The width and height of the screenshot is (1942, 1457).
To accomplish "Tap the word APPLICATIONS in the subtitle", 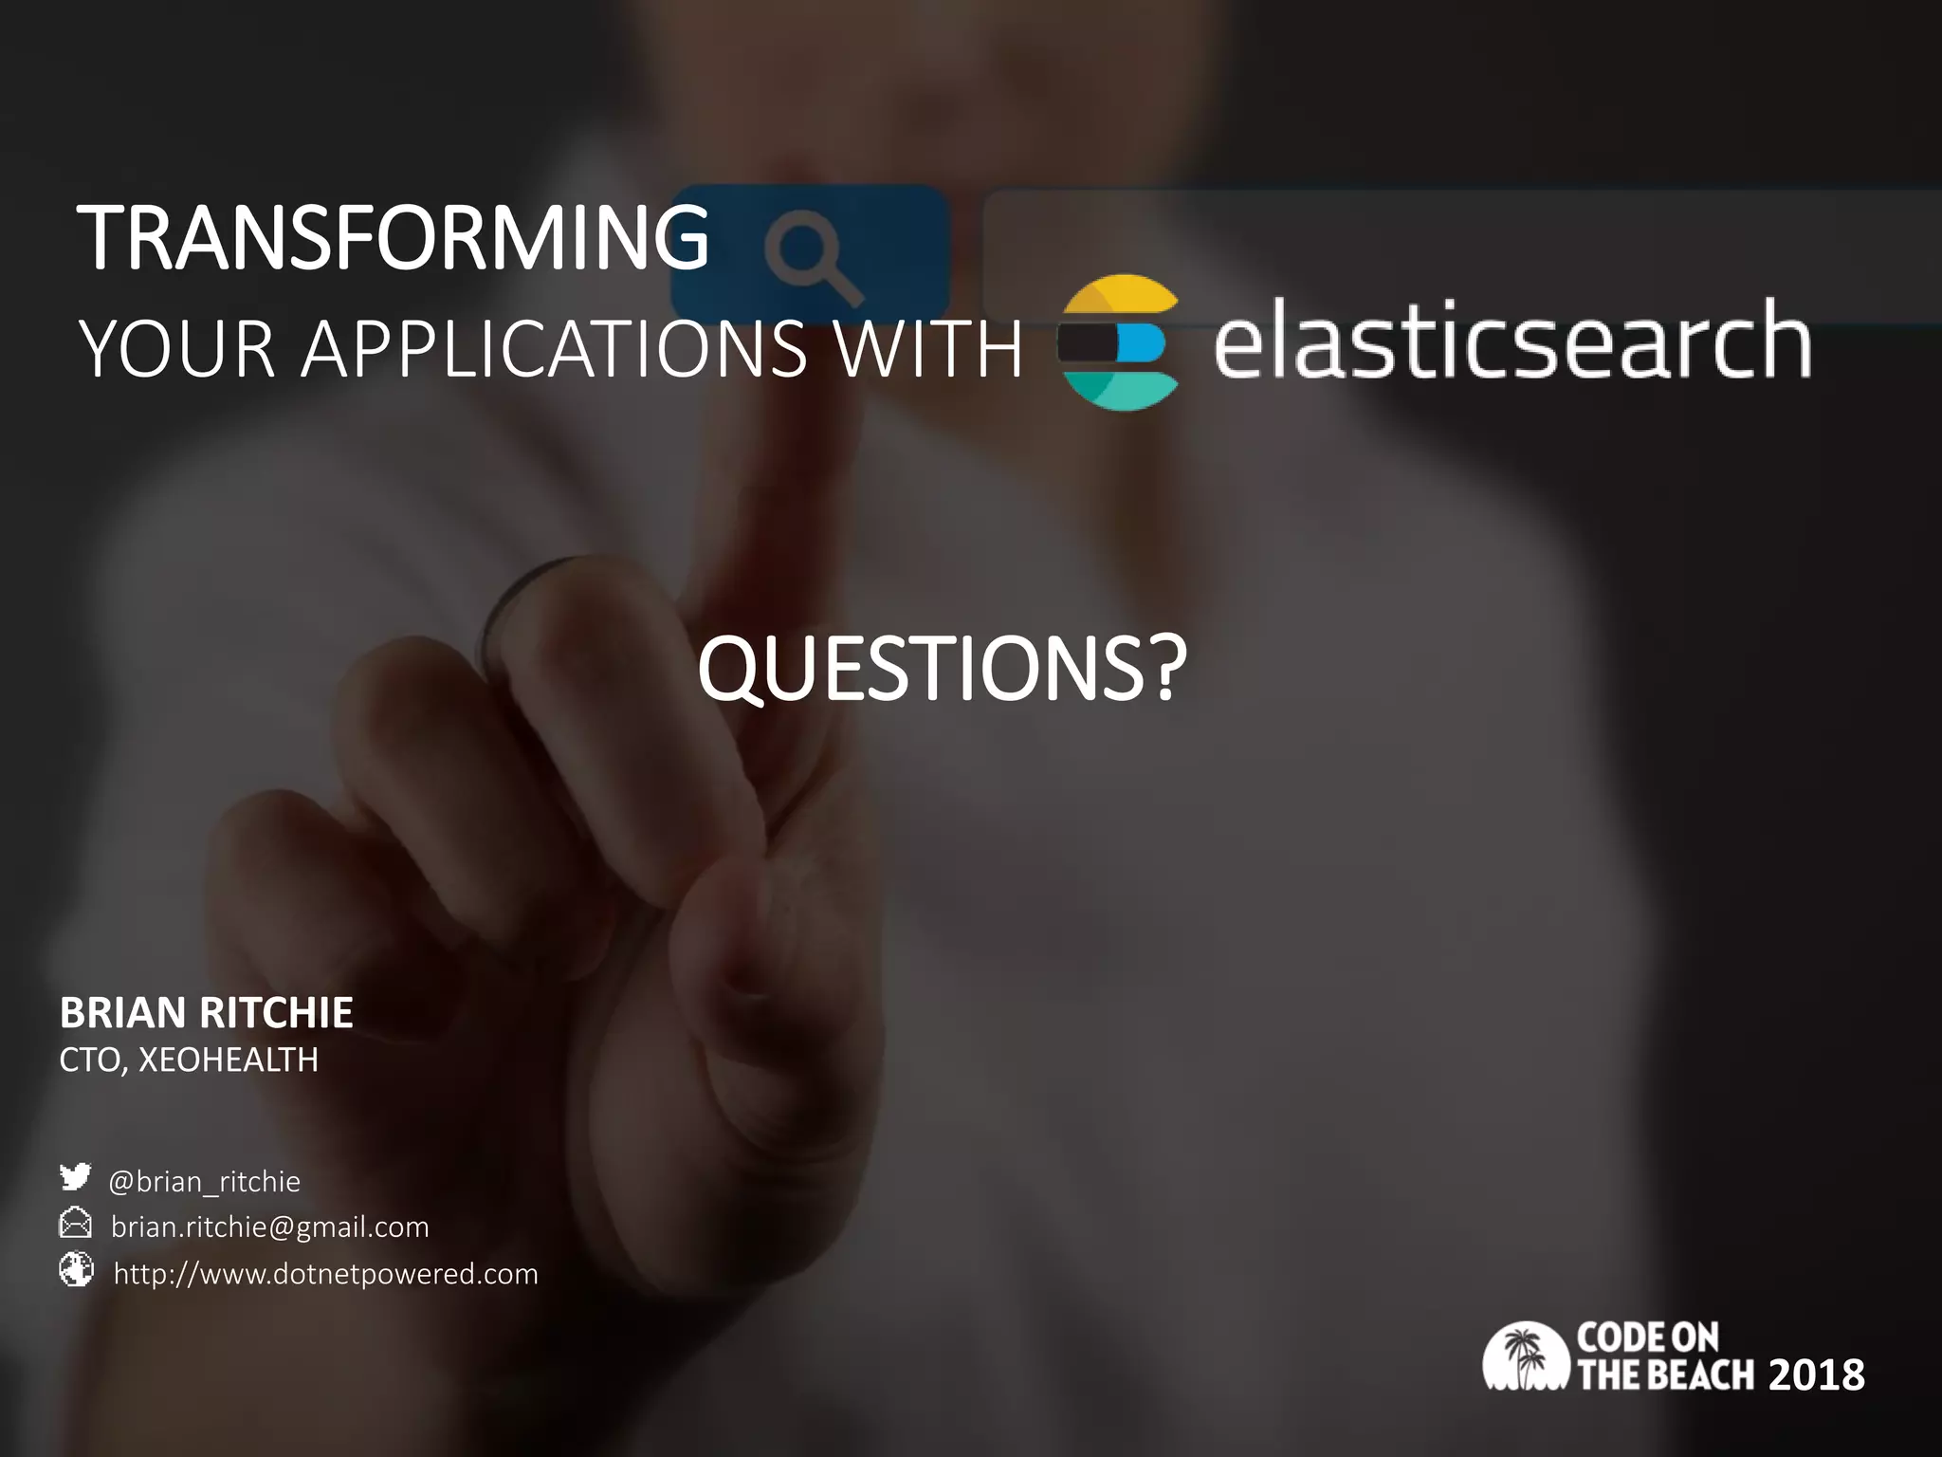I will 553,349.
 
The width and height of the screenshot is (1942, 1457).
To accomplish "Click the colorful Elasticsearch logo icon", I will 1119,342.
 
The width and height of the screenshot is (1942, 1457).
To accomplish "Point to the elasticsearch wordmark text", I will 1511,340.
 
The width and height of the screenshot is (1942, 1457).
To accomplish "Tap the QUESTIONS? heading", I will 941,669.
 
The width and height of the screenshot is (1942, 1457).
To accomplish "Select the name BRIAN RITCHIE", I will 206,1013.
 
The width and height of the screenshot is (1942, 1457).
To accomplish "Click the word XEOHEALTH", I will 229,1060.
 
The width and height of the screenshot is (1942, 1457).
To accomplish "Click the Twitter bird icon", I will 75,1177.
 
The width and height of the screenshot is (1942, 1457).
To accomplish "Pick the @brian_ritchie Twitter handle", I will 204,1181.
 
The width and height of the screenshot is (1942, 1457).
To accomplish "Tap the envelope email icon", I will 75,1224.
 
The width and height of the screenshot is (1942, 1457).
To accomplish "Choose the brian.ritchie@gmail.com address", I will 269,1226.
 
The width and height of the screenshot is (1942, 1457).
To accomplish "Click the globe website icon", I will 76,1269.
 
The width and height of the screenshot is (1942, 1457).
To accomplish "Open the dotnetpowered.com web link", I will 325,1273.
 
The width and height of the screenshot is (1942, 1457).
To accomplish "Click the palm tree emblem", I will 1525,1356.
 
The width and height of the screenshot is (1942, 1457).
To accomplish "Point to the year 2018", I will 1816,1375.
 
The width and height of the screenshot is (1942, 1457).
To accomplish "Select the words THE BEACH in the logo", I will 1665,1375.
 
